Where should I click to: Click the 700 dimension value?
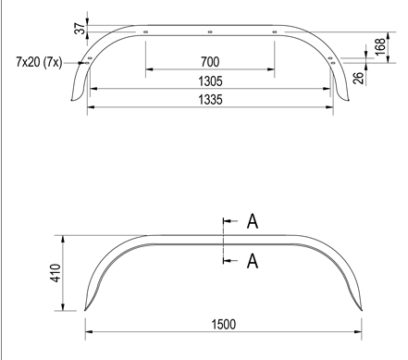(x=211, y=62)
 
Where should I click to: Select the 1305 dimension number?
(x=211, y=81)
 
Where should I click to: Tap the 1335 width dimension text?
(x=211, y=98)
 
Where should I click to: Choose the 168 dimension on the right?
(x=381, y=44)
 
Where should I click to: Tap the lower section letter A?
(x=252, y=262)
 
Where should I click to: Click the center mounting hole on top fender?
(x=211, y=32)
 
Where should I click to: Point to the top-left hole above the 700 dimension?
(x=146, y=33)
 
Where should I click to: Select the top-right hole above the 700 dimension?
(x=275, y=33)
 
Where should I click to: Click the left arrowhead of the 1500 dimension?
(x=89, y=331)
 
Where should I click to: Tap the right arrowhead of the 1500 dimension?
(x=358, y=331)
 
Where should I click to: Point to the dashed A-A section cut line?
(x=223, y=242)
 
